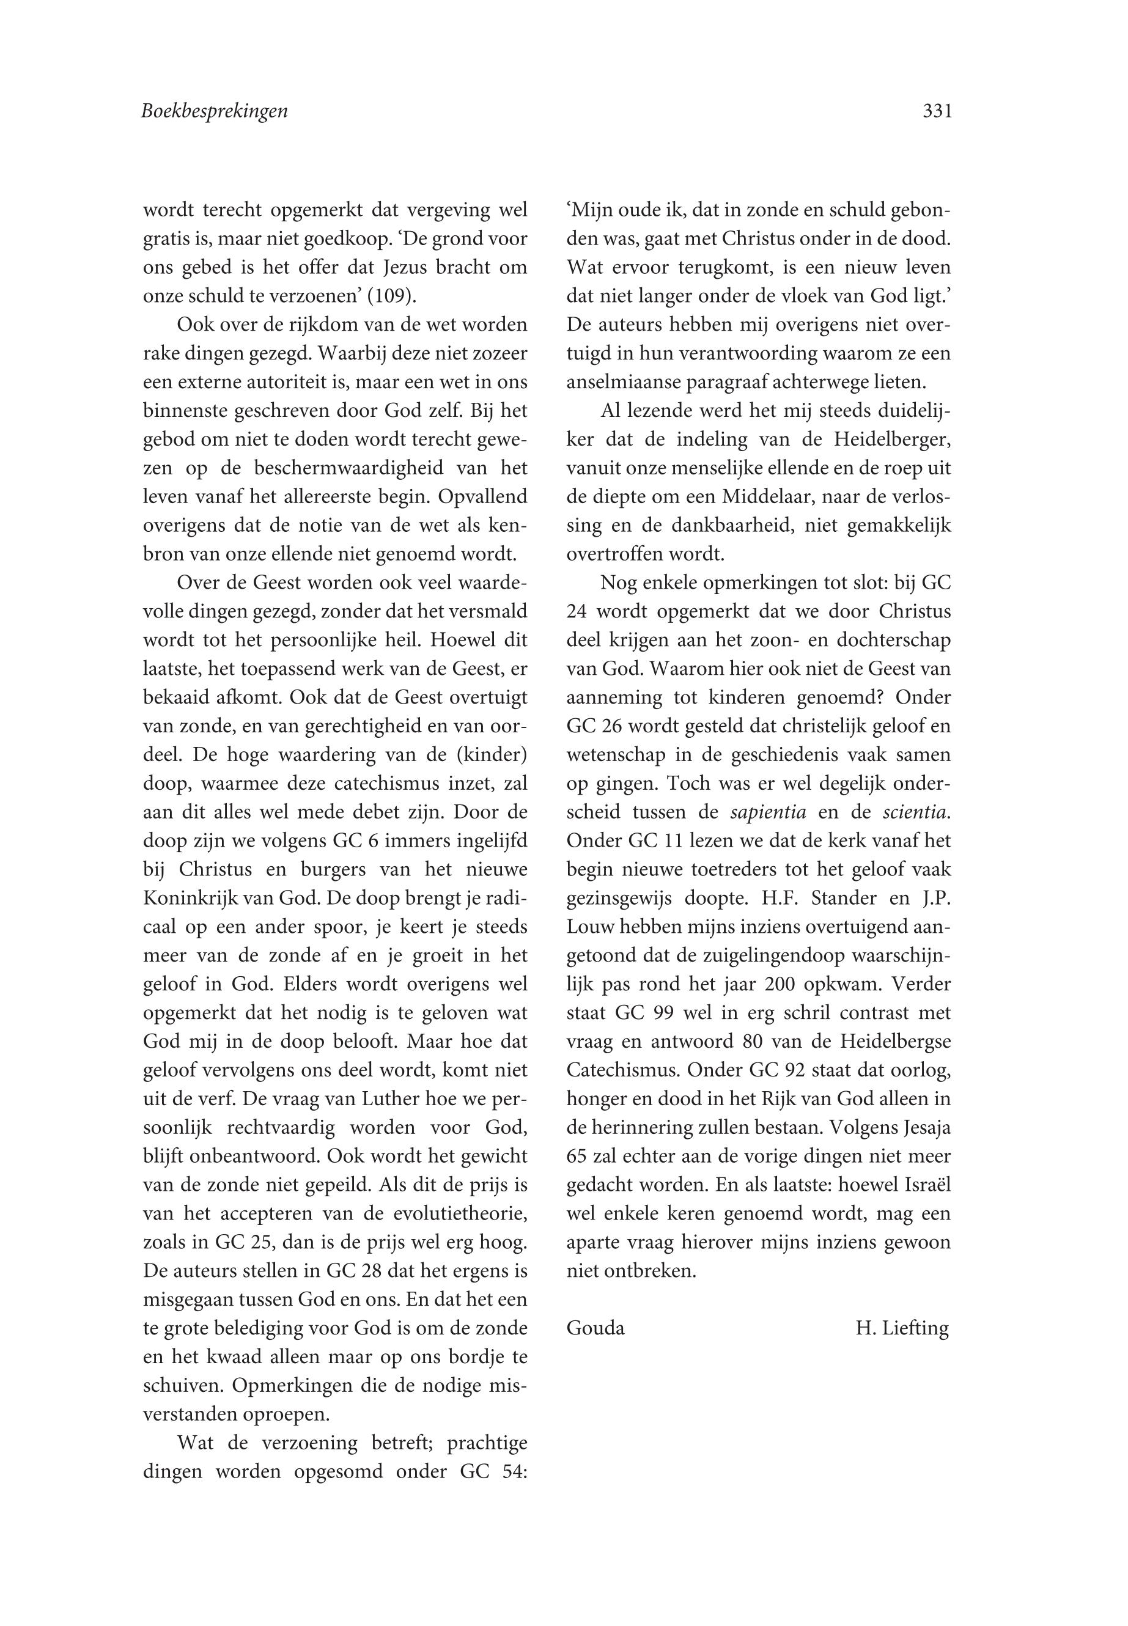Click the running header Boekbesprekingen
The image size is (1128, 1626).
[215, 111]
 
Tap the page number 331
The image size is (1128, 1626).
[937, 111]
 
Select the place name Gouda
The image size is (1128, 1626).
[595, 1328]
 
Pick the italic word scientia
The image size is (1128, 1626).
[915, 812]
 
